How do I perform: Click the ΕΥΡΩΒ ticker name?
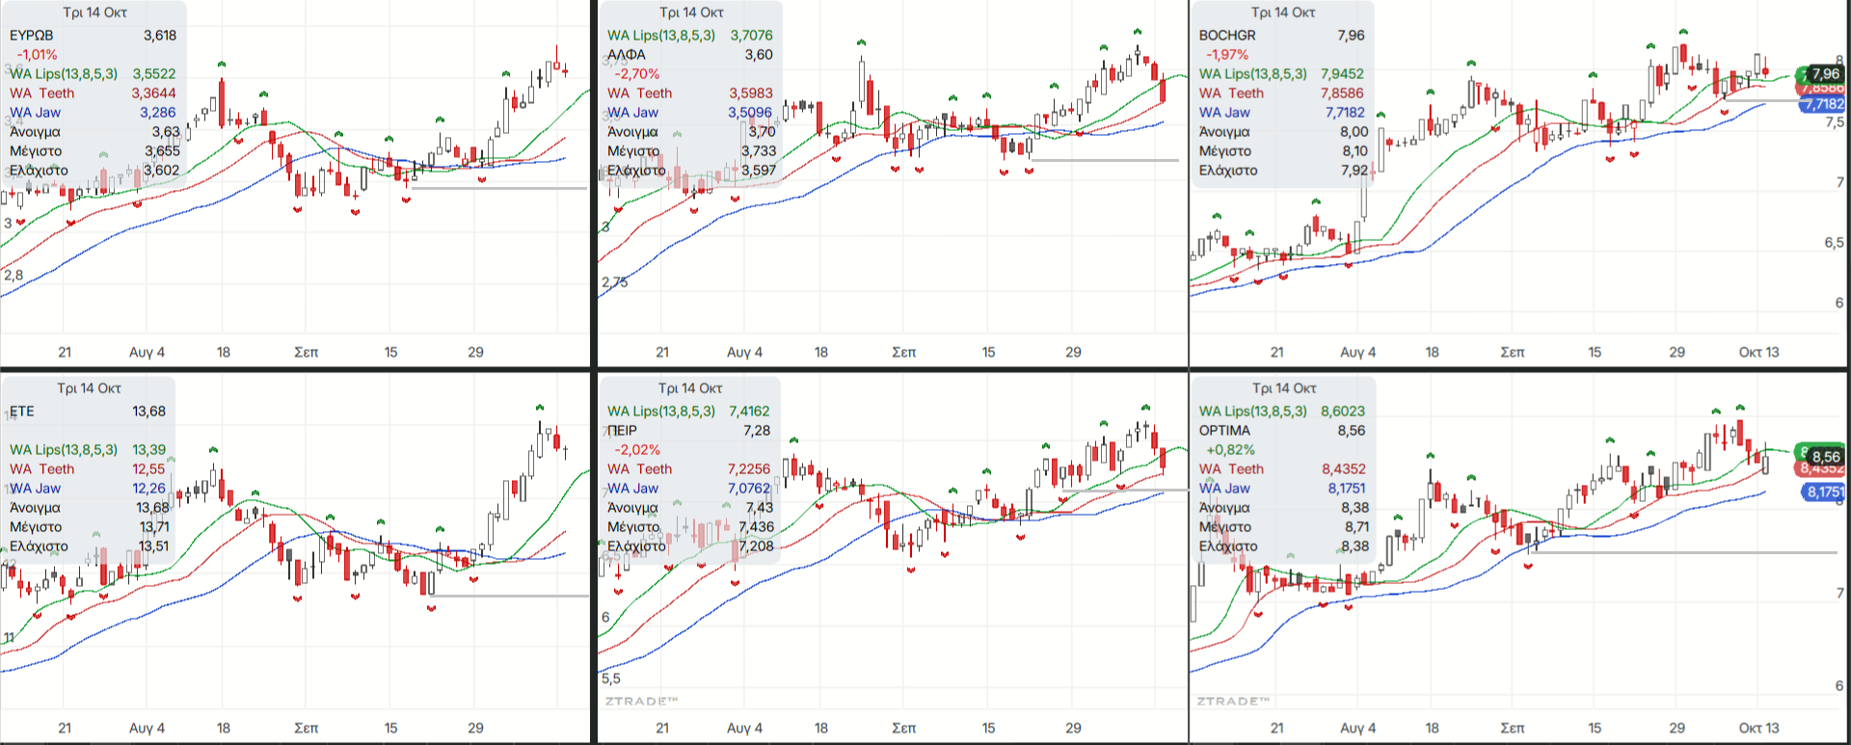pyautogui.click(x=32, y=36)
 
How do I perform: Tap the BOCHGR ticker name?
pyautogui.click(x=1227, y=36)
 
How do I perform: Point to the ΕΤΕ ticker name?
pyautogui.click(x=22, y=412)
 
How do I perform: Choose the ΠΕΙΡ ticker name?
pyautogui.click(x=623, y=431)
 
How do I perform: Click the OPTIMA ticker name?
pyautogui.click(x=1224, y=431)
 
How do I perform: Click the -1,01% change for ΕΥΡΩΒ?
pyautogui.click(x=37, y=55)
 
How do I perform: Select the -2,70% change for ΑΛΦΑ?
pyautogui.click(x=637, y=74)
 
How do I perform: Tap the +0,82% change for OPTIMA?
pyautogui.click(x=1230, y=450)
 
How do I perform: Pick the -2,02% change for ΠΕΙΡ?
pyautogui.click(x=637, y=450)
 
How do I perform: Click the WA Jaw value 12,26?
pyautogui.click(x=149, y=489)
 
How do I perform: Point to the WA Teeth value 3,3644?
pyautogui.click(x=154, y=93)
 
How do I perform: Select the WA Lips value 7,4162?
pyautogui.click(x=749, y=412)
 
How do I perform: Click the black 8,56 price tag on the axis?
pyautogui.click(x=1826, y=457)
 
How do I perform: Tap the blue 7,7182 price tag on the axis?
pyautogui.click(x=1824, y=105)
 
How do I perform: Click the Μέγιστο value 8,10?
pyautogui.click(x=1355, y=151)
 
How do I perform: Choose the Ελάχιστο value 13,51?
pyautogui.click(x=153, y=546)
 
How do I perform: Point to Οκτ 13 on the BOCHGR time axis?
pyautogui.click(x=1758, y=353)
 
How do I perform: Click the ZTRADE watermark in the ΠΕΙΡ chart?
pyautogui.click(x=641, y=701)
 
